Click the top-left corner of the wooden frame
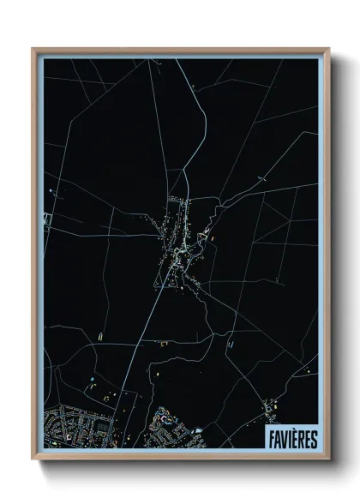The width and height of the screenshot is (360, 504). [33, 49]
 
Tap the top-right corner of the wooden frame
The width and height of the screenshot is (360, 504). [328, 49]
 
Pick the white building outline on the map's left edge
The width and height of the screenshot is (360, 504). [48, 219]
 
